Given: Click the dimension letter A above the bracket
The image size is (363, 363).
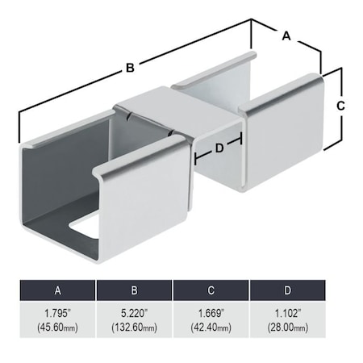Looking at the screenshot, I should (x=285, y=35).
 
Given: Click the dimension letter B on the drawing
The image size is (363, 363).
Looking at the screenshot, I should (x=130, y=69).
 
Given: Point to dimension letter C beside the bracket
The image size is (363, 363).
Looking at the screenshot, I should (x=340, y=106).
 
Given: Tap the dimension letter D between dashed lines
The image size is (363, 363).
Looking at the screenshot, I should (x=218, y=148).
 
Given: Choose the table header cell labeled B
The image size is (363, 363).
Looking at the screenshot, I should (x=134, y=290).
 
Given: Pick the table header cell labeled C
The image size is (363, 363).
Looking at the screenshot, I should (x=211, y=290).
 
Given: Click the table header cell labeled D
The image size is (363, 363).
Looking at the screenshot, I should (x=287, y=290).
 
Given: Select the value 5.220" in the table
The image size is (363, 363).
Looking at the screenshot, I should (x=134, y=312).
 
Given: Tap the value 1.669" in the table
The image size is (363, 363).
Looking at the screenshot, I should (x=211, y=312).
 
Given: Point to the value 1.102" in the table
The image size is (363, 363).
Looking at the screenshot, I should (x=287, y=312).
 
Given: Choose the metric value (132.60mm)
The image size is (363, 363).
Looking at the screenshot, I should (x=134, y=328).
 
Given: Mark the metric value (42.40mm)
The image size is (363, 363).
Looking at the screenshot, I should (x=211, y=328).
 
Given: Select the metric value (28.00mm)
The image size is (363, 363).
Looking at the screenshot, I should (x=287, y=328).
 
